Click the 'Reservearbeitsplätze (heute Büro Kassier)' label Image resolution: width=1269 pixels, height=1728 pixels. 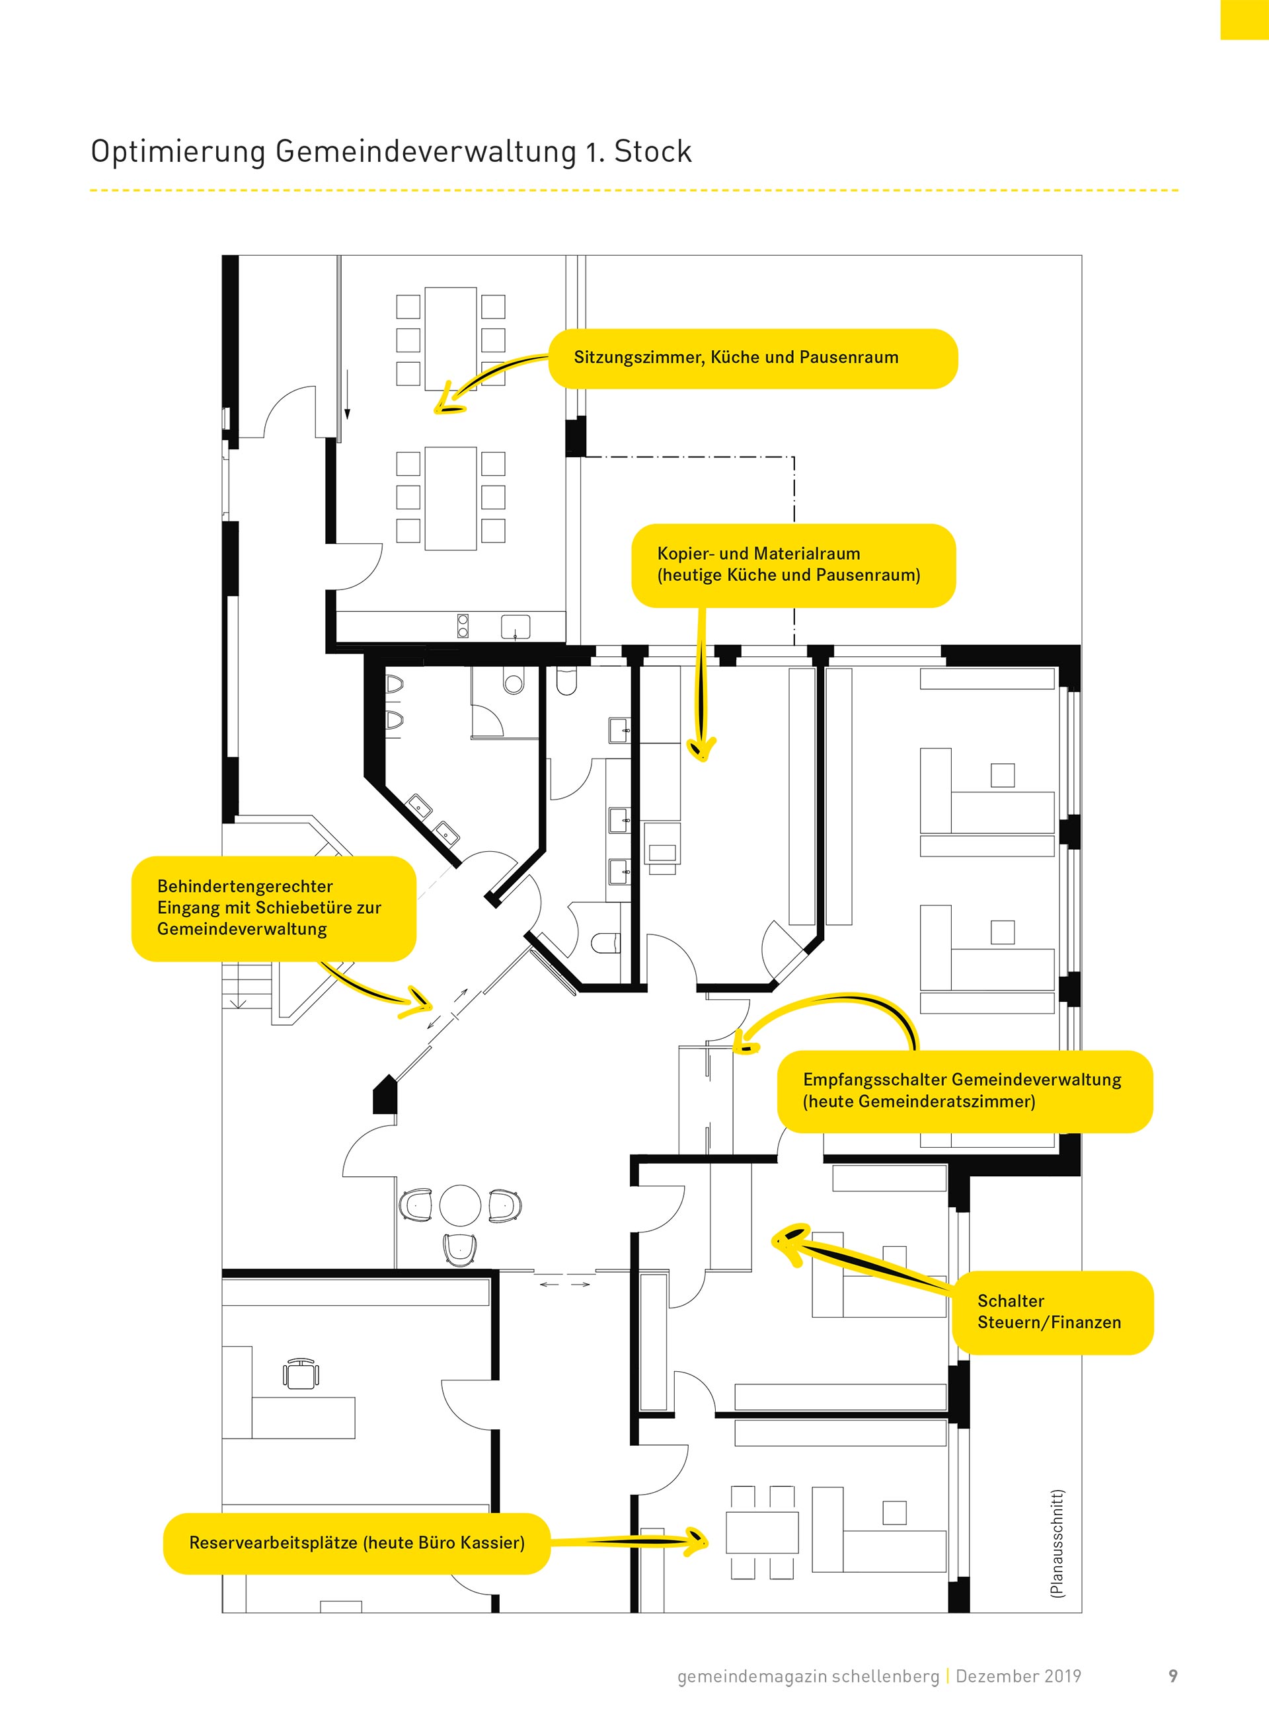(356, 1543)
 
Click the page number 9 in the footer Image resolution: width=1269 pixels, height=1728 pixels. (1173, 1676)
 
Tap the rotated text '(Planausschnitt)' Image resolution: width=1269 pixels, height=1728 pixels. (1057, 1544)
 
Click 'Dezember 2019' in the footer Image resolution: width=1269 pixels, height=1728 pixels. (1018, 1676)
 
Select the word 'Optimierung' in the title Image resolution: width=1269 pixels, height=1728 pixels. (178, 151)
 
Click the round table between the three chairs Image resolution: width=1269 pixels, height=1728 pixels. (460, 1204)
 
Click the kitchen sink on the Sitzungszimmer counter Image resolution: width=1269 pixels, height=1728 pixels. (516, 626)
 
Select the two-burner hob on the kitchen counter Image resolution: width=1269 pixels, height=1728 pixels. (463, 626)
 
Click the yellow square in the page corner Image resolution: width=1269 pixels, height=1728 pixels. (1245, 19)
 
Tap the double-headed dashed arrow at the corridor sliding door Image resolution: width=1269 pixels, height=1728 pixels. (564, 1284)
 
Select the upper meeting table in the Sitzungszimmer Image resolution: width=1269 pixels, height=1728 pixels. (451, 339)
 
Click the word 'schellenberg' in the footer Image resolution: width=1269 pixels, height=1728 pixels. (885, 1676)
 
